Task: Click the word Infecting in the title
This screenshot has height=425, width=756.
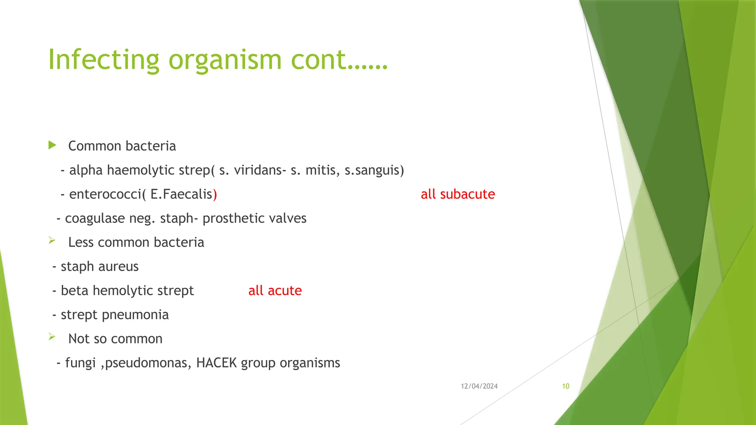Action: [103, 60]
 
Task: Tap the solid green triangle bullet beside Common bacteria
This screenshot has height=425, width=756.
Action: [52, 145]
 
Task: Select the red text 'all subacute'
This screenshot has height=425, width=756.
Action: [458, 194]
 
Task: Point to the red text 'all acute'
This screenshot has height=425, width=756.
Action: [275, 290]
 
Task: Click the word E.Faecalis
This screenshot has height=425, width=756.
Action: [181, 194]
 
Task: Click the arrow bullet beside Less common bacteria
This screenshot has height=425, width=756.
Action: [52, 241]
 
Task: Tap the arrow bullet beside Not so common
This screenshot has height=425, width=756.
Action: [52, 337]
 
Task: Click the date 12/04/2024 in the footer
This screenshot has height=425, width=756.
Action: [479, 386]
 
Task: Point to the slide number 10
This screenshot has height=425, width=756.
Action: [566, 386]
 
